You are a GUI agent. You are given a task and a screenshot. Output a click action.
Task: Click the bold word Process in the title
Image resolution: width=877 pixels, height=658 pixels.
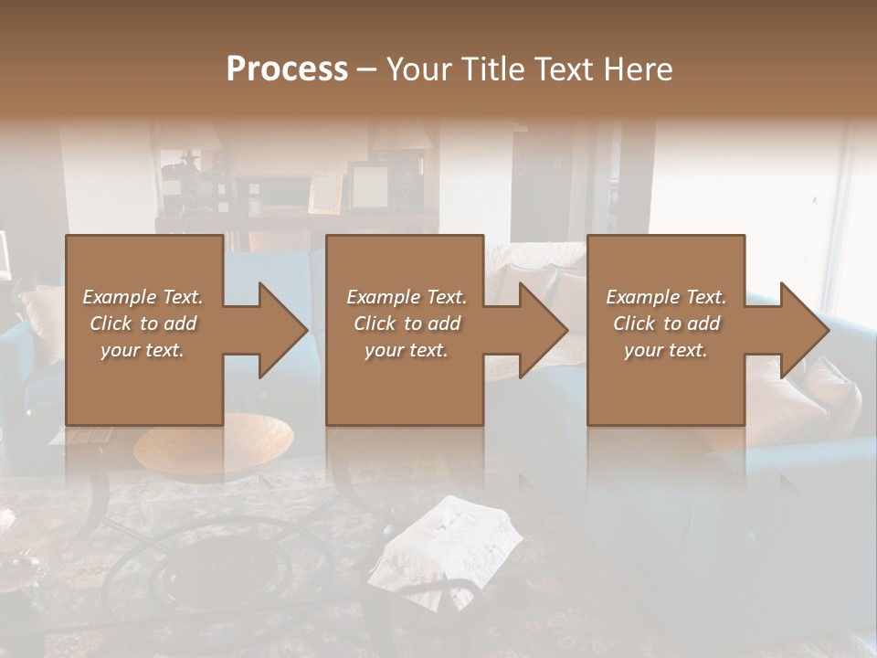pos(287,69)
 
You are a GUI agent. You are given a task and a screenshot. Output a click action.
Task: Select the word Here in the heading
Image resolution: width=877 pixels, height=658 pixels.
pos(639,69)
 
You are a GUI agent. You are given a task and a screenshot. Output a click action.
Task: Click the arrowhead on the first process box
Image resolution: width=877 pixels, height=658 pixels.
pos(282,330)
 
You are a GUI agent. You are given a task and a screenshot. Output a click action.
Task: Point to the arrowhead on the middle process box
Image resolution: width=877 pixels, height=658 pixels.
pos(543,330)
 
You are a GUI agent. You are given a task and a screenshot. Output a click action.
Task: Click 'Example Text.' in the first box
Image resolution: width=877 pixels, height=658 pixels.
pos(143,297)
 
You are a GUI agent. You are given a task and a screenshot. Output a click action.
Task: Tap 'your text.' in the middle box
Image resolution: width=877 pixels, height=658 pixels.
pos(406,350)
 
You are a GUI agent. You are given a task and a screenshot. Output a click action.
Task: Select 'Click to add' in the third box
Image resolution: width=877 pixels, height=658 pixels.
pos(666,324)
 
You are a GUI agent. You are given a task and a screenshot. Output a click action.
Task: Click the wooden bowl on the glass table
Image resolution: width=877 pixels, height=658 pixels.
pos(214,445)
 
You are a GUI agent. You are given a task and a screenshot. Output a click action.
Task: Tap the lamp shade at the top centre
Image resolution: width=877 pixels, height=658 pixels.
pos(402,137)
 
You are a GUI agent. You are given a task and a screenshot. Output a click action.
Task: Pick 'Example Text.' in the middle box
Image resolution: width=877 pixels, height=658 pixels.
pos(406,297)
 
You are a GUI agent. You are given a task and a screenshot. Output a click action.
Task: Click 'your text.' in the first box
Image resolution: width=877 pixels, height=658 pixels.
pos(143,350)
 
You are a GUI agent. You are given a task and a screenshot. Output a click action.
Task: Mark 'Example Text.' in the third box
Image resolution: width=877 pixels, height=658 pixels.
pos(666,297)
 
